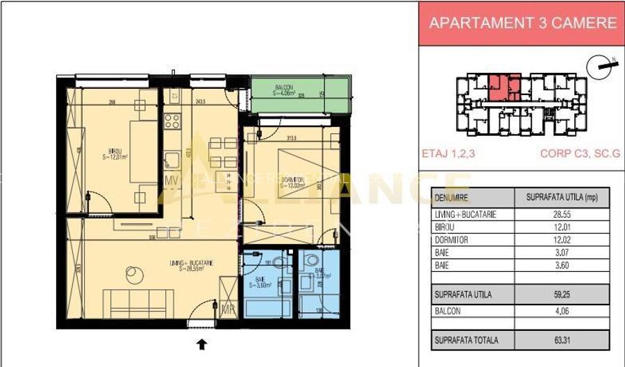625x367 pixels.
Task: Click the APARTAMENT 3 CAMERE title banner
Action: click(522, 22)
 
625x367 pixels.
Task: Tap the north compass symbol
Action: click(601, 67)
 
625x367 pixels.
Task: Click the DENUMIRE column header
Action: click(451, 198)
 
